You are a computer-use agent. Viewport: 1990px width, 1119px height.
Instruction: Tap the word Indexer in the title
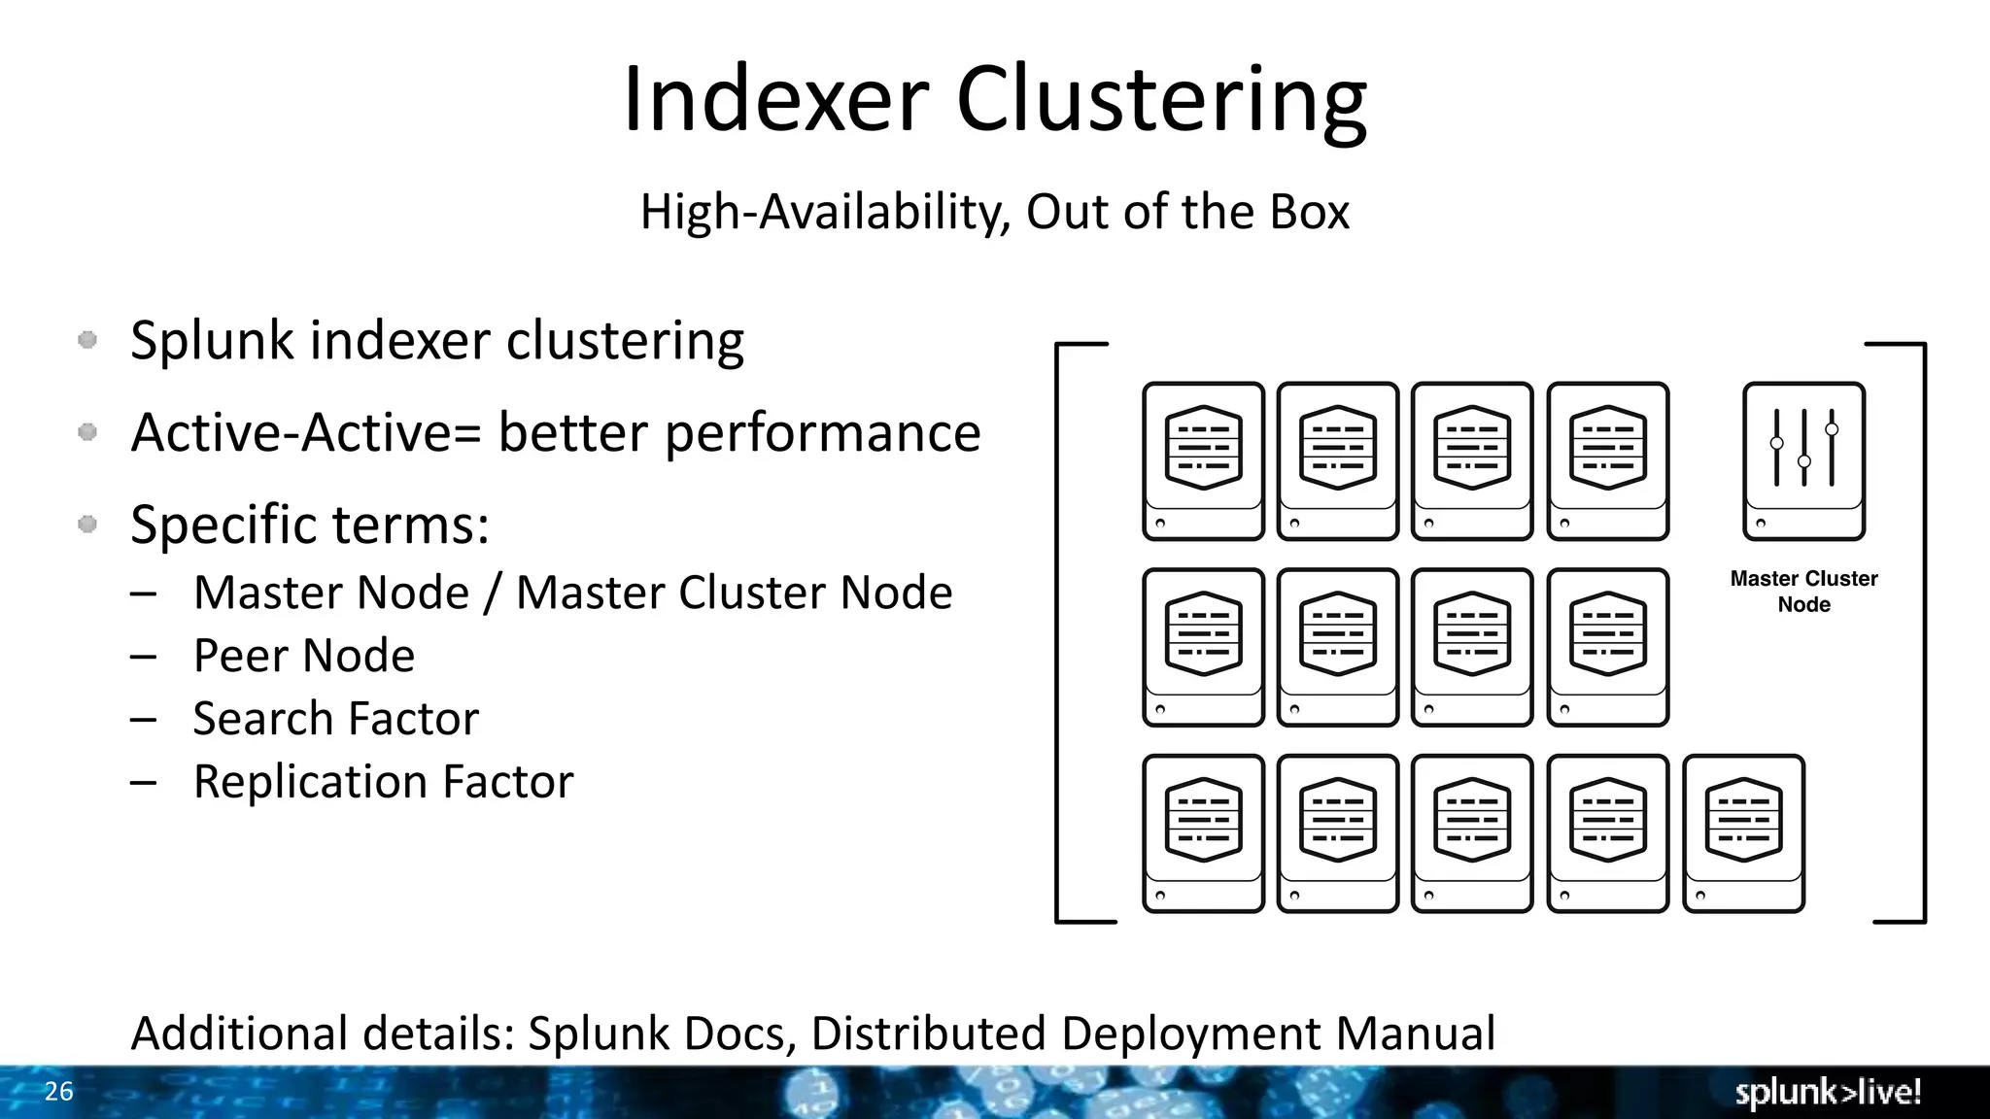point(775,100)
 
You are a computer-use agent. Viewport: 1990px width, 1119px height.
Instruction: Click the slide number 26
point(58,1092)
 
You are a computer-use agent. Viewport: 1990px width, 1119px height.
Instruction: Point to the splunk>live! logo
point(1828,1093)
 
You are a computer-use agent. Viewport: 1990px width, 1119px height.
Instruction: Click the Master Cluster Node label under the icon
point(1803,592)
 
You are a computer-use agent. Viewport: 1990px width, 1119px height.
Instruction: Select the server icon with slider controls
point(1803,461)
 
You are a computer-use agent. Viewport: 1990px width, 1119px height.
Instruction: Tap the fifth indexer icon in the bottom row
point(1743,833)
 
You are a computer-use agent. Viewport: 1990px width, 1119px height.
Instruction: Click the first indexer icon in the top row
point(1203,461)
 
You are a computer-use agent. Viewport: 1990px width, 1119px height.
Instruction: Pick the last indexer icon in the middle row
point(1607,647)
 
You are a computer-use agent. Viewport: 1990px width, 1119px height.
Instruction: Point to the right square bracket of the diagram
point(1921,631)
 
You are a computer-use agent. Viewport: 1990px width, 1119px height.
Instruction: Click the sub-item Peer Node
point(304,656)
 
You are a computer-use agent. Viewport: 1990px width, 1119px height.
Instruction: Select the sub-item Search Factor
point(335,719)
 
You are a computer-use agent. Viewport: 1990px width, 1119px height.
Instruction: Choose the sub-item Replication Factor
point(383,782)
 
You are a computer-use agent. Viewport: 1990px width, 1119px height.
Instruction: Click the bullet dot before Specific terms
point(87,525)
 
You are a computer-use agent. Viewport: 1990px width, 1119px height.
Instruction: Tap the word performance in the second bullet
point(822,433)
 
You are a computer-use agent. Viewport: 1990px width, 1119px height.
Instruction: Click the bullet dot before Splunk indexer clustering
point(87,340)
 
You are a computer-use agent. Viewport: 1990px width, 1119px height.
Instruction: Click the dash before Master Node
point(143,593)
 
